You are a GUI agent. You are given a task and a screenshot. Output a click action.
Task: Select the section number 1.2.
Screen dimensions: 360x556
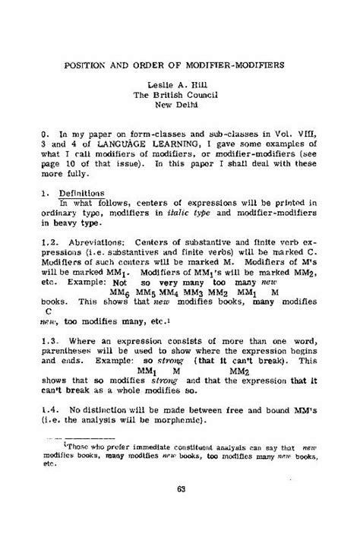pos(52,242)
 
